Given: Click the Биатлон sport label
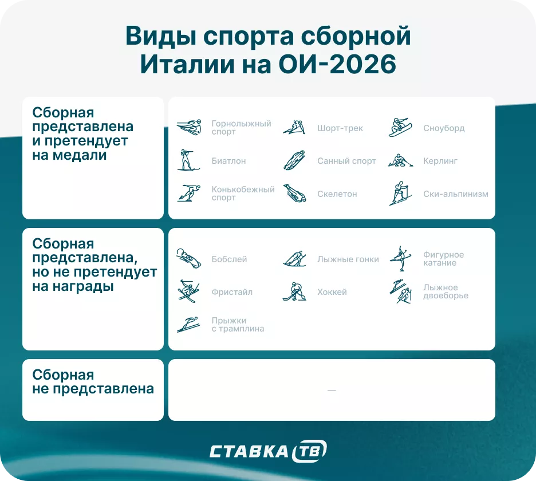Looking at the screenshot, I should [228, 161].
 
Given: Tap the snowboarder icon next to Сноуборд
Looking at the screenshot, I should [400, 128].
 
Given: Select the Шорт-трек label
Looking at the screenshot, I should [340, 128].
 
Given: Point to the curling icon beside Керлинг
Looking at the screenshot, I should [400, 161].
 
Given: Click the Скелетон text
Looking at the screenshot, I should [337, 194].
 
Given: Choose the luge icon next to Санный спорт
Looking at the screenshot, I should [294, 161].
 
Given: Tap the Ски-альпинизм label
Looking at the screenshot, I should [456, 194].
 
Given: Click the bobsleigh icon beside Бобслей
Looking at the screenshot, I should [188, 259].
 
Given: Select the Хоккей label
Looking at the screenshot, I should [332, 292].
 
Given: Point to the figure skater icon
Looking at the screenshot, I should [400, 259].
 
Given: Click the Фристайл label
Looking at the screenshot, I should [232, 292].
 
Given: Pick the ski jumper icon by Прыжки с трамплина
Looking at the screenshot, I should [188, 325].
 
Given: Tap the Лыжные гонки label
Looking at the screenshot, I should [348, 259].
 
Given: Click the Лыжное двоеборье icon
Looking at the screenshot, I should [400, 291].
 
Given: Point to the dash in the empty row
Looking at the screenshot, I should [332, 391].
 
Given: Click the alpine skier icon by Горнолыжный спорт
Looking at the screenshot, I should [188, 128].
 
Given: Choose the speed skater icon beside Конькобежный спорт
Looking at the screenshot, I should [188, 194].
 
